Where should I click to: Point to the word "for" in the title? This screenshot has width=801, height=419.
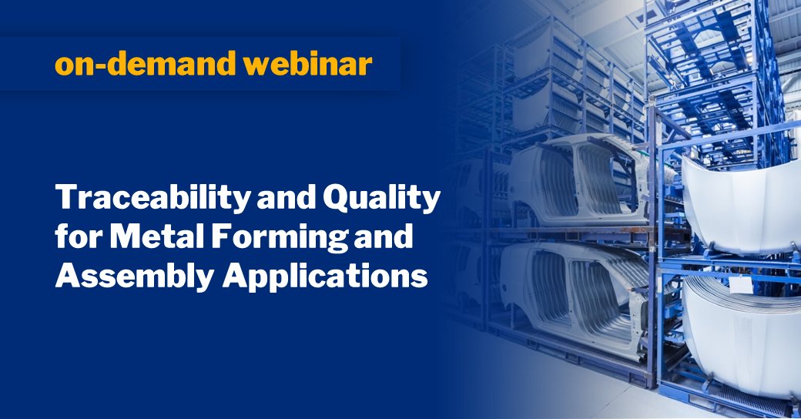(73, 238)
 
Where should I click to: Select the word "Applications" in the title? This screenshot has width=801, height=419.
(324, 275)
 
